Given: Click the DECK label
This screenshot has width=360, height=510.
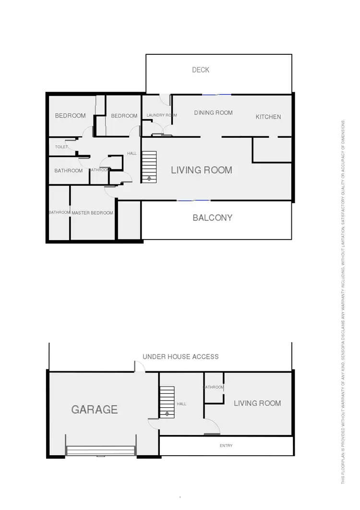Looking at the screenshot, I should pos(201,70).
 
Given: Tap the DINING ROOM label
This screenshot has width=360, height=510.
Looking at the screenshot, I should pos(213,113).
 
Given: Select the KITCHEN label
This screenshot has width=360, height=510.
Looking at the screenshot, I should pos(268,117).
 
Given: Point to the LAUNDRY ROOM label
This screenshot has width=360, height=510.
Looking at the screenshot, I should pos(162,115).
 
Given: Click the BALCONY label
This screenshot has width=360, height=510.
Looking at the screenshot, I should pos(212,218).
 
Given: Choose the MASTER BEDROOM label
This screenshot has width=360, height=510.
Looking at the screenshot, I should pos(92,213).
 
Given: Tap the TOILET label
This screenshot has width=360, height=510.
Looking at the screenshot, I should pos(61,147).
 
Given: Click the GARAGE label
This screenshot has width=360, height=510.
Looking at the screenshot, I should pos(95,410).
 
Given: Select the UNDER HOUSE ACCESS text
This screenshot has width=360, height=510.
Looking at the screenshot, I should pos(180,357).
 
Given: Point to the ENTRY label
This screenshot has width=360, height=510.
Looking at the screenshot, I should pos(226,446).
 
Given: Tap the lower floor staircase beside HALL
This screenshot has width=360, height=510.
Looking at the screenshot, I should pos(167,402).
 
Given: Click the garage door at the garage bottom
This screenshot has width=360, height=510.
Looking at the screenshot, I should pos(101,450).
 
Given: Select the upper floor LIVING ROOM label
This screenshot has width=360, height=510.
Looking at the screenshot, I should pos(202,170).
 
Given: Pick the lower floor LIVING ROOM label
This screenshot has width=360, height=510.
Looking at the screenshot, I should pos(257,403).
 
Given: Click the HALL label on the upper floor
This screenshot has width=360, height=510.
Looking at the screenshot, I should pos(132,154).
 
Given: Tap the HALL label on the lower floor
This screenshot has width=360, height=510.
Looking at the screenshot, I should pos(181,404).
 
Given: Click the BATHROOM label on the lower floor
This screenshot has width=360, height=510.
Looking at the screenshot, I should pos(214,387).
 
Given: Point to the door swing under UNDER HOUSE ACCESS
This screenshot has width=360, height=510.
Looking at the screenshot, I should pos(139,367).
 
